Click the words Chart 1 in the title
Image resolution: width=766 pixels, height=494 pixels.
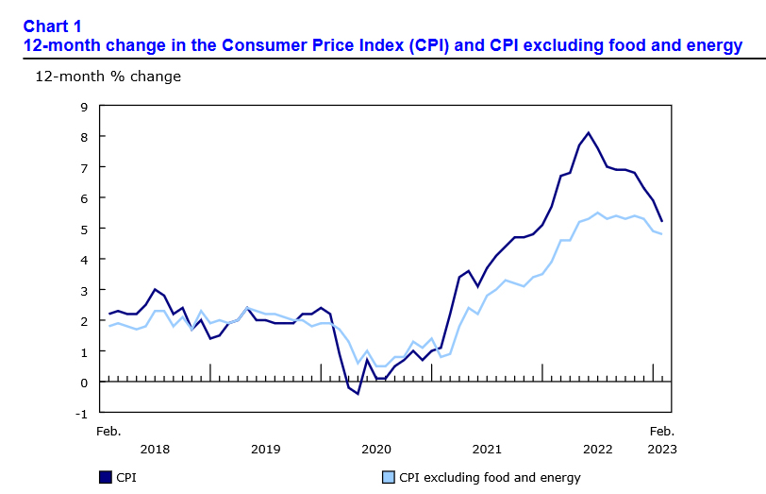52,26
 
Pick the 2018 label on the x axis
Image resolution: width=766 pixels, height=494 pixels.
154,450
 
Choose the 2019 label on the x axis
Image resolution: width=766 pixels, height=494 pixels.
265,450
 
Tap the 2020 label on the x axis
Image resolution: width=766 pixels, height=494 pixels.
376,450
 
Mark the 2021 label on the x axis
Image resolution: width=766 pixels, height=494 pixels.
487,450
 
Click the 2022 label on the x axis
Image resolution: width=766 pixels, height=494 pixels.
598,450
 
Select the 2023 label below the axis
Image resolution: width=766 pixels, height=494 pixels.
660,450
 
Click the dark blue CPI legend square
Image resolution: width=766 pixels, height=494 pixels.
104,477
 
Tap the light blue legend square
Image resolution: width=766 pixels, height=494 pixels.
388,477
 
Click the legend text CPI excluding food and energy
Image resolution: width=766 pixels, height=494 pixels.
490,477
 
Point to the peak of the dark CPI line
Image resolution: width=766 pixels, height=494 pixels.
589,132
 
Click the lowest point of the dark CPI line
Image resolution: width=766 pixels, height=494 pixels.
358,394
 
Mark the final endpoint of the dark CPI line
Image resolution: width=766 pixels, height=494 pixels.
662,221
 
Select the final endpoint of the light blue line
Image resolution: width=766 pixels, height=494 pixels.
662,234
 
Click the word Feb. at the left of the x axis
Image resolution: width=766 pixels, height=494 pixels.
108,431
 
